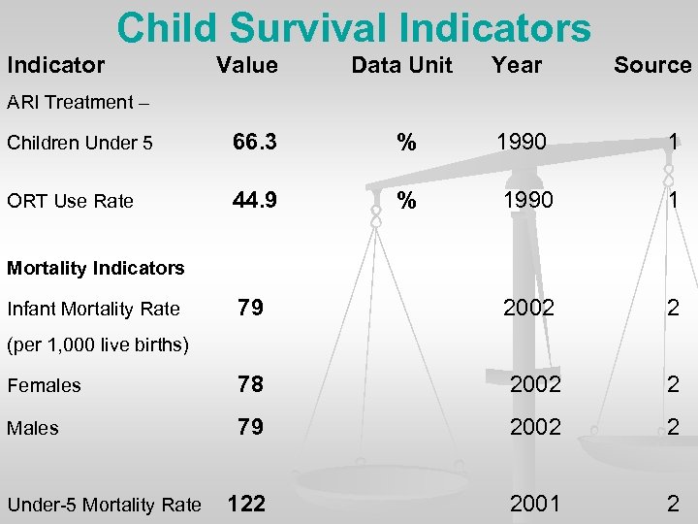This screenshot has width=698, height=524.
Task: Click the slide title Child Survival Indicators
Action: [x=353, y=28]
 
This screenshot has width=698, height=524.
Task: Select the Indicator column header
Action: [x=55, y=66]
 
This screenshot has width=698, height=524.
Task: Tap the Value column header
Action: [x=246, y=66]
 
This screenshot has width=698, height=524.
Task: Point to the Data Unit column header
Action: [x=401, y=66]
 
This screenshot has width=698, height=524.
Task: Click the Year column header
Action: [x=517, y=66]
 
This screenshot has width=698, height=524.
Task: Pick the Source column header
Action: [x=652, y=66]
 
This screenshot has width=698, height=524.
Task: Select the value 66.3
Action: [x=254, y=143]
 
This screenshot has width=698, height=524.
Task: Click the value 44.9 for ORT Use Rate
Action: [x=254, y=201]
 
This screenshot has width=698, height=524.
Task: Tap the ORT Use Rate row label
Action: [x=70, y=202]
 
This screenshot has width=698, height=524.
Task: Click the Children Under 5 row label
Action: [x=79, y=144]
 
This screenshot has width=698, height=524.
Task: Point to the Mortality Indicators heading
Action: [x=95, y=268]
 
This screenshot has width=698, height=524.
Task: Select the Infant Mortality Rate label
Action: [x=93, y=310]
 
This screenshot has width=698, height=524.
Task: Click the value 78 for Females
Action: [x=250, y=384]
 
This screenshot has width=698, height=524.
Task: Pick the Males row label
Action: [x=33, y=428]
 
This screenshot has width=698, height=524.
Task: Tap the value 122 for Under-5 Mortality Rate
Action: [x=245, y=504]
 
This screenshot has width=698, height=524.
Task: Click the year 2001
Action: [x=535, y=504]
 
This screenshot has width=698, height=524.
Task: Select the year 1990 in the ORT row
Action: [x=528, y=201]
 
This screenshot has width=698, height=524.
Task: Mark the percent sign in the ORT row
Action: [x=407, y=202]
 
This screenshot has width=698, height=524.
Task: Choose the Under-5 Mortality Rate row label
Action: [x=104, y=505]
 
